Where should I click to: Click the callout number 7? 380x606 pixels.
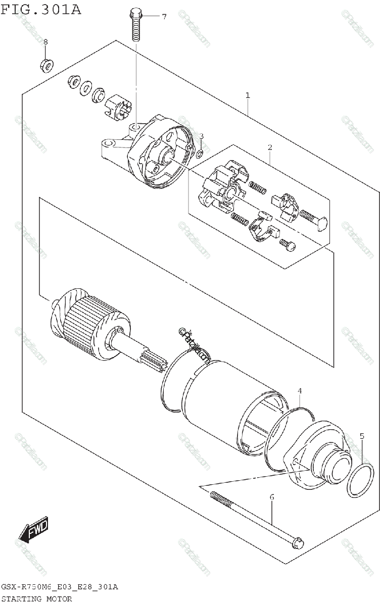click(164, 17)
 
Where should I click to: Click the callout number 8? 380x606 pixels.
click(45, 41)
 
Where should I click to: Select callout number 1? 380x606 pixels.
click(248, 95)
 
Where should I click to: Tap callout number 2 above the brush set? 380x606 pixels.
click(270, 147)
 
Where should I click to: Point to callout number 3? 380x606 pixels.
click(201, 136)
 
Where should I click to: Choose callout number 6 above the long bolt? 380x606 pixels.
click(271, 497)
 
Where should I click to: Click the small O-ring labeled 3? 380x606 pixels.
click(200, 153)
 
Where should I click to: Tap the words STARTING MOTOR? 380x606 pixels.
click(36, 599)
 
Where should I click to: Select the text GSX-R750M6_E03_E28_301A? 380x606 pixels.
click(60, 587)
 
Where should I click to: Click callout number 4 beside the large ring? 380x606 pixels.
click(300, 391)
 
